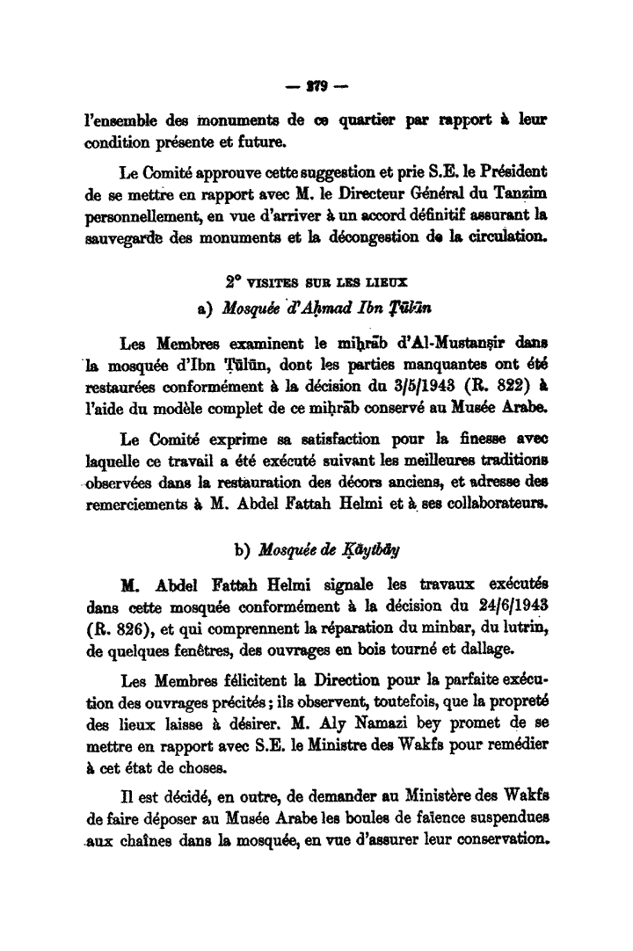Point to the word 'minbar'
[x=451, y=626]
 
